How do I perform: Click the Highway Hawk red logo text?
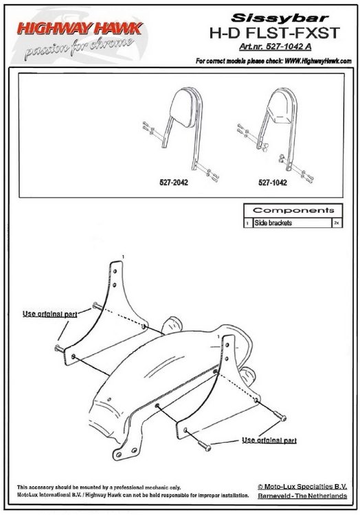(80, 29)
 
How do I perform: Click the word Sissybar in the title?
(280, 18)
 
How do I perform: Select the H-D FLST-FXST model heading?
(275, 33)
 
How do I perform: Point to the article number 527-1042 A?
(275, 47)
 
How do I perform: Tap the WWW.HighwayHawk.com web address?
(318, 60)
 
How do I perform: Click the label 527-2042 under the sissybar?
(174, 182)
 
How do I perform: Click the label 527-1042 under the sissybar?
(273, 182)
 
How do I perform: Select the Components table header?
(293, 210)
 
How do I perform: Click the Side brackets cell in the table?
(273, 222)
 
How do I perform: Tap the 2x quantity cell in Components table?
(337, 222)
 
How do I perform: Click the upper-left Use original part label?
(50, 314)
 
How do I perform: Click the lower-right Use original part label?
(269, 440)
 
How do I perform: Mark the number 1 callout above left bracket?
(123, 256)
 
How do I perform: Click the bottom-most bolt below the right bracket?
(204, 446)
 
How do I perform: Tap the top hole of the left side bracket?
(115, 271)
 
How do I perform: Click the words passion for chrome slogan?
(79, 47)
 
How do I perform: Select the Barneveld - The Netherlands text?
(302, 496)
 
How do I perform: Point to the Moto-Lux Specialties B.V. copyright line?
(302, 486)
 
